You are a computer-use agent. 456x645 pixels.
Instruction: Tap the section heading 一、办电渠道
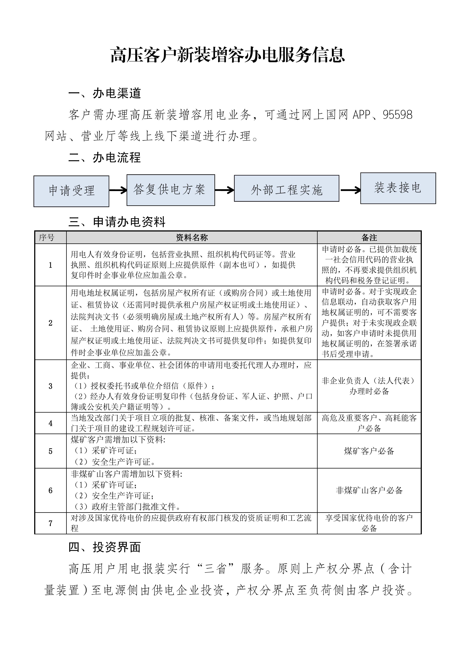coord(104,93)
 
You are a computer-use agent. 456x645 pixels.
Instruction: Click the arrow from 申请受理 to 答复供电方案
coord(118,190)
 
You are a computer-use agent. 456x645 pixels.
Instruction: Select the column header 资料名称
coord(192,238)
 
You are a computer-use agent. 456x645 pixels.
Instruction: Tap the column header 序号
coord(47,238)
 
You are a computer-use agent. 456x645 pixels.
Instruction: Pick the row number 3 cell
coord(51,386)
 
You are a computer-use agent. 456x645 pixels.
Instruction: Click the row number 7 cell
coord(51,523)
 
